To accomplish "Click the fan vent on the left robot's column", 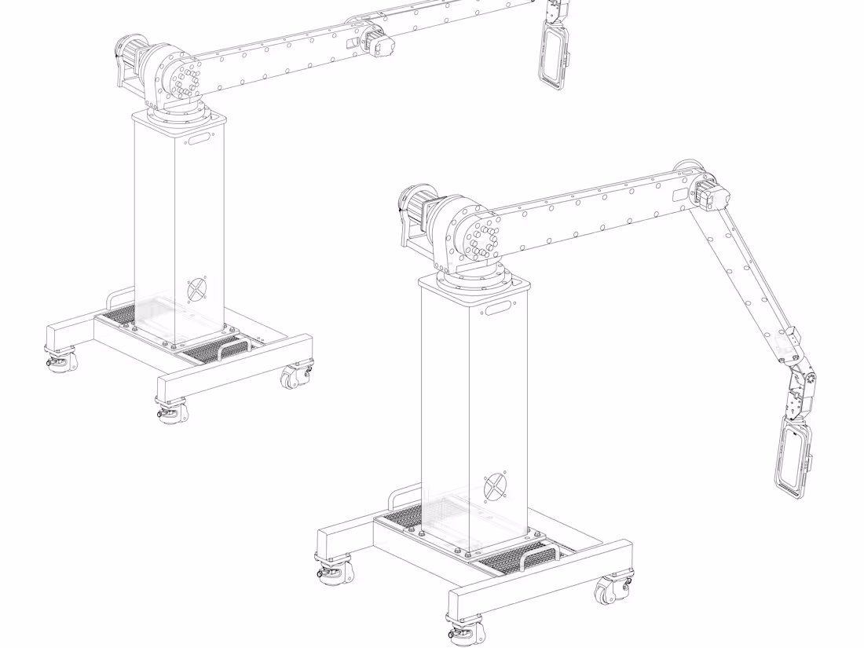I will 197,289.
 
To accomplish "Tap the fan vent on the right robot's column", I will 495,487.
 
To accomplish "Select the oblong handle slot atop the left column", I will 198,139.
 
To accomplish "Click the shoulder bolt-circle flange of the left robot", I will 183,78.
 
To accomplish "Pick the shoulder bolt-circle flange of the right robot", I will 481,238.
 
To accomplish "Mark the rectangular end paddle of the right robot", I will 793,459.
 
